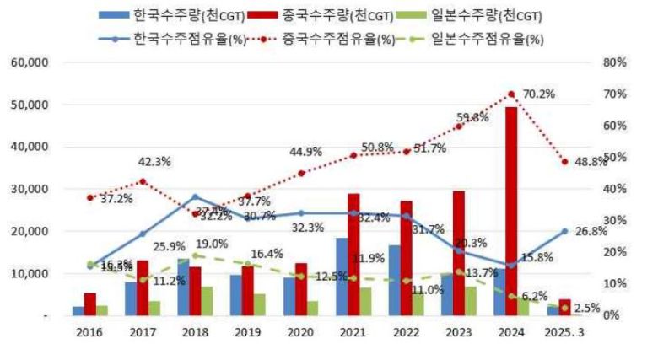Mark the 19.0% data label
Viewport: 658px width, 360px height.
(x=213, y=244)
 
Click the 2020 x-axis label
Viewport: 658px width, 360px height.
(x=301, y=334)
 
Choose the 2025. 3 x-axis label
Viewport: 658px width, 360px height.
(x=564, y=334)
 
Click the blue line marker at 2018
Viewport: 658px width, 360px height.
(x=195, y=196)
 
